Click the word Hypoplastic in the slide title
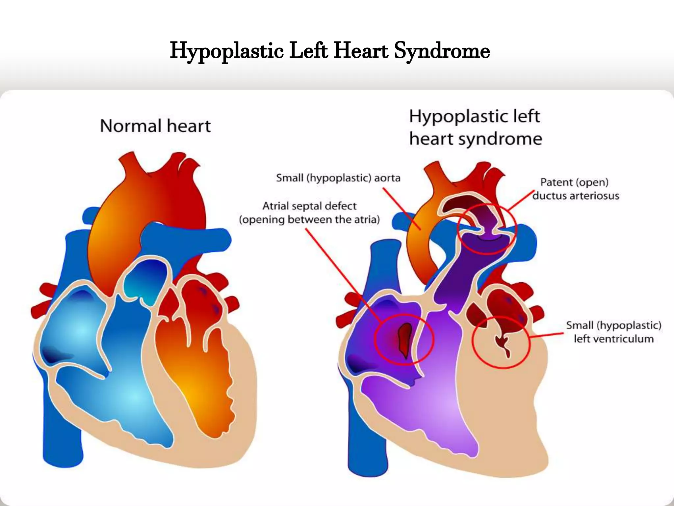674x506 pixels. point(227,51)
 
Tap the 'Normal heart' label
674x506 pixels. point(155,126)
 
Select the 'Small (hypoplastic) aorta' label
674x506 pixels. point(338,178)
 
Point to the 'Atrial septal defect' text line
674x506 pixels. point(309,206)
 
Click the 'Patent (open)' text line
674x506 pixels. point(574,182)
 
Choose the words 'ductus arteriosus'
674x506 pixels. point(576,196)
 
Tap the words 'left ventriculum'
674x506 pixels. point(613,339)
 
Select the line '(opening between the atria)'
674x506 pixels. point(309,220)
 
